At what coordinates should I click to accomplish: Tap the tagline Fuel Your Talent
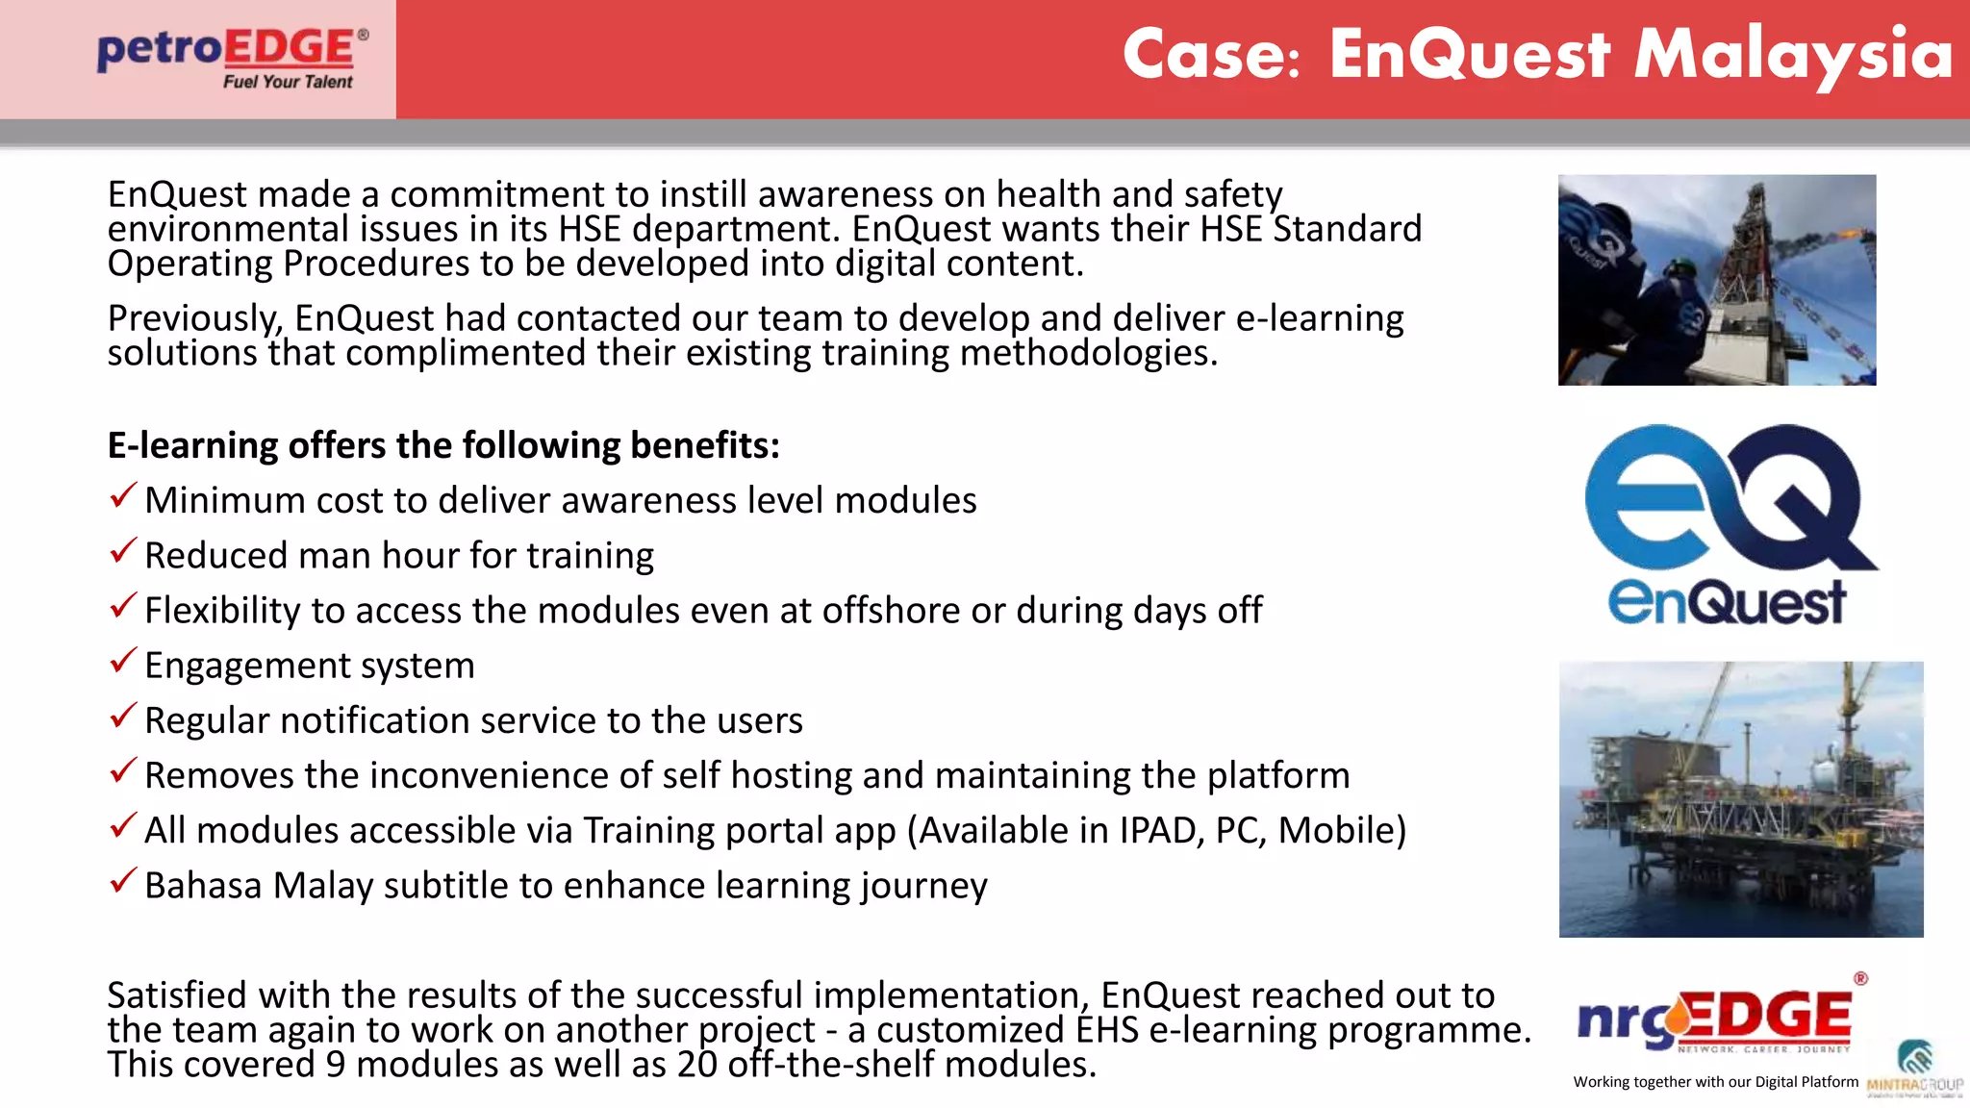288,83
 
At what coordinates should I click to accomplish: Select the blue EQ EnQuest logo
1729,524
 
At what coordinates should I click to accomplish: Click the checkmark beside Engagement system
123,662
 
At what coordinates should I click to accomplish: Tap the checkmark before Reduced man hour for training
123,551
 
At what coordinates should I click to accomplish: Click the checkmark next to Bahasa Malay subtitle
123,881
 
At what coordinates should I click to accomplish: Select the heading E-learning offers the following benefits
443,446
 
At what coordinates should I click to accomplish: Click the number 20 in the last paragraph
697,1065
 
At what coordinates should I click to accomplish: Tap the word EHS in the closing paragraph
1107,1030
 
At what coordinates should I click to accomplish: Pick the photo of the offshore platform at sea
1740,798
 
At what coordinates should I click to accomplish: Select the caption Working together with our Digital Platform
1715,1082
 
